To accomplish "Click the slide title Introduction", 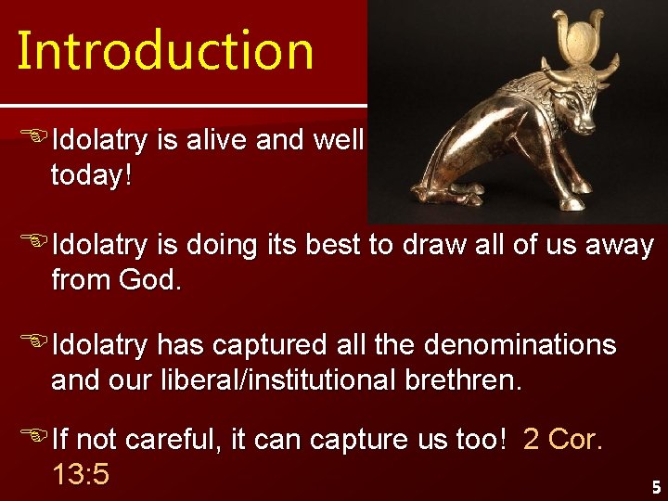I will click(x=165, y=51).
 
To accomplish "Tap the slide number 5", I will click(x=655, y=486).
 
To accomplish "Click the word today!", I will click(x=91, y=174).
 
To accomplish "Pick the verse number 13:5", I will click(x=81, y=474).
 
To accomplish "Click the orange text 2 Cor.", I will click(x=563, y=440).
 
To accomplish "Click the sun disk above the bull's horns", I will click(x=582, y=42).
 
